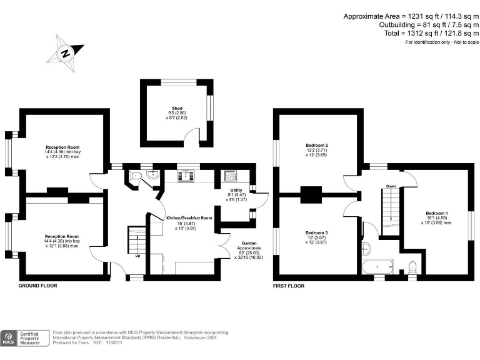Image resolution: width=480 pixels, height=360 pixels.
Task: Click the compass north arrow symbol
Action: click(65, 53)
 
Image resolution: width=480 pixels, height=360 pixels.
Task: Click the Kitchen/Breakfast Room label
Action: click(189, 218)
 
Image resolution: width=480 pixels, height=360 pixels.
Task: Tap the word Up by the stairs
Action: click(137, 255)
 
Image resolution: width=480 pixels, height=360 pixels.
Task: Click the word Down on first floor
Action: click(391, 186)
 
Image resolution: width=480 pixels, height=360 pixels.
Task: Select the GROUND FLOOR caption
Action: click(38, 286)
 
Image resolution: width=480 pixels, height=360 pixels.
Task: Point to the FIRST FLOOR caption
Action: click(289, 286)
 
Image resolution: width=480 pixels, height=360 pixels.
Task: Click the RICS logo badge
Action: click(9, 338)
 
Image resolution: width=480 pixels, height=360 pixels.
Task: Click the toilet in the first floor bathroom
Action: click(412, 267)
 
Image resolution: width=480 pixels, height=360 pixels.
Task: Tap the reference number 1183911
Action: click(114, 343)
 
